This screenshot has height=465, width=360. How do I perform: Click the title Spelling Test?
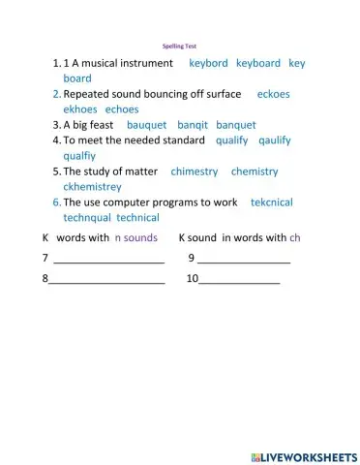[179, 46]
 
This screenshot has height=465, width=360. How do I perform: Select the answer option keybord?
[208, 63]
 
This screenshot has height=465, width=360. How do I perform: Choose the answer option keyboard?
[257, 63]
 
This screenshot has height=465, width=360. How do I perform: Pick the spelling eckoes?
[273, 94]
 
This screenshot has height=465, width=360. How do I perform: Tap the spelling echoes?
[122, 109]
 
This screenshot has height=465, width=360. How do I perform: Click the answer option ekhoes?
[80, 109]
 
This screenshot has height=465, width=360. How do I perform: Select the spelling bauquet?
[146, 125]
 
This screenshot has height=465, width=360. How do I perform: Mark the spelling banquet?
[236, 125]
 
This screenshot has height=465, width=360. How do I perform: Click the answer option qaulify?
[275, 140]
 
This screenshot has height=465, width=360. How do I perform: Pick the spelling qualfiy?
[79, 155]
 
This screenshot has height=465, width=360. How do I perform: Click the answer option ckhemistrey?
[93, 186]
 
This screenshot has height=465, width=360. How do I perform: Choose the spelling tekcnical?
[271, 202]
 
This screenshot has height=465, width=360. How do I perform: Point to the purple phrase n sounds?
[135, 237]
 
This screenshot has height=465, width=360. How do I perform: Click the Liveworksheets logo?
[303, 456]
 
